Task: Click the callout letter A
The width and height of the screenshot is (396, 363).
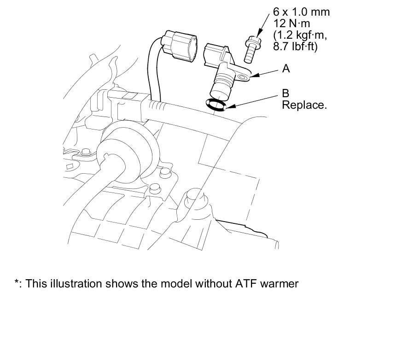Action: (286, 69)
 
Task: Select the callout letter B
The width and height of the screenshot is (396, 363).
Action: (285, 94)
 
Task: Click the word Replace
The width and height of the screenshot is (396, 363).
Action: (304, 105)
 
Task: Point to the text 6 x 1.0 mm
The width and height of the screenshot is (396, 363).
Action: (302, 12)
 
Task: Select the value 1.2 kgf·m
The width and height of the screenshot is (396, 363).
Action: (299, 35)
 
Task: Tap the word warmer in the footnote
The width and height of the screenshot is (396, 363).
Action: (279, 284)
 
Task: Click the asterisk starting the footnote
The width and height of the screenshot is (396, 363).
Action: (17, 283)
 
